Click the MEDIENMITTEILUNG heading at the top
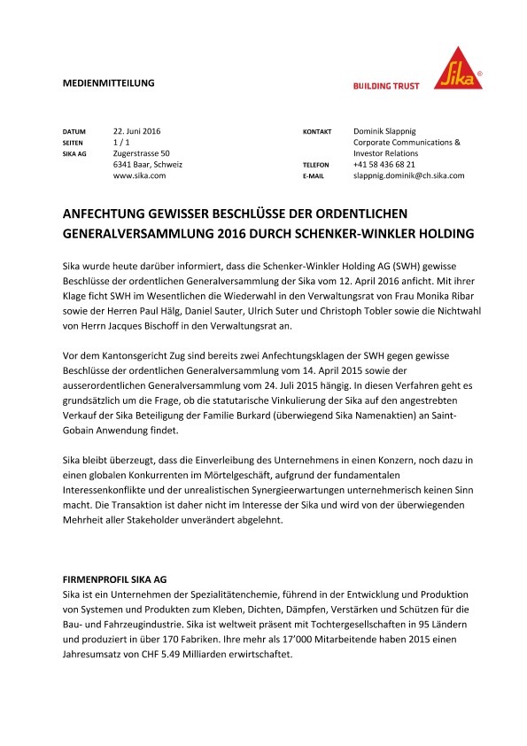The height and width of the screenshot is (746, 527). coord(108,82)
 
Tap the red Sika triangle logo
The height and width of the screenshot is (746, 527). coord(458,68)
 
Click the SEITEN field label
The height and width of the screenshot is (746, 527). coord(74,143)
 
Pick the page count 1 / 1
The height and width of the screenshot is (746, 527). coord(123,142)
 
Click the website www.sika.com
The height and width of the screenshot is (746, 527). coord(139,176)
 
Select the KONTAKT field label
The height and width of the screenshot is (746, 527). coord(317,131)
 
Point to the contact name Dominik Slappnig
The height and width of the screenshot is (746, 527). coord(390,130)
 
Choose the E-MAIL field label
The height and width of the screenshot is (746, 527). coord(314,177)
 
